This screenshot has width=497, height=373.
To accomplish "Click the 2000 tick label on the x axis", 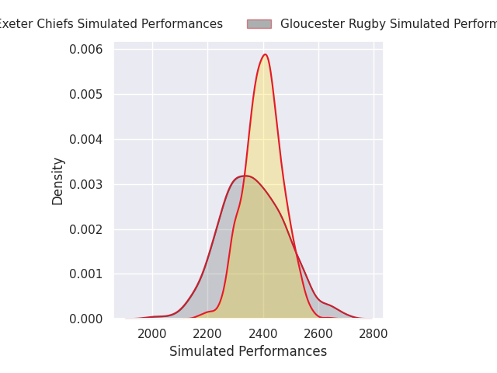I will [152, 334].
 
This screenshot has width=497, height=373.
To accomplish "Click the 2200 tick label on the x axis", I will [207, 334].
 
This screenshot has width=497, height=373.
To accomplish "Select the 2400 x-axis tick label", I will [263, 334].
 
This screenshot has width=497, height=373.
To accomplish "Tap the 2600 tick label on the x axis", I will [318, 334].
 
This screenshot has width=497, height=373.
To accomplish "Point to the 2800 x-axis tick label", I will [374, 334].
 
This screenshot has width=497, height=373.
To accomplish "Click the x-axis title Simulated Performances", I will [248, 351].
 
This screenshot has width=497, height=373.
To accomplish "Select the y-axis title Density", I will [58, 180].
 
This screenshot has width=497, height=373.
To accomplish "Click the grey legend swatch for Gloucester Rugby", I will [259, 24].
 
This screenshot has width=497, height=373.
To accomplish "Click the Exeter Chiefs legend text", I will [109, 24].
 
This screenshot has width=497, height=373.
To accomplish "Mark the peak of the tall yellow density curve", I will [265, 54].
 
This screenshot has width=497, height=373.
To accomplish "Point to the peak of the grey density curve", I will [245, 176].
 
